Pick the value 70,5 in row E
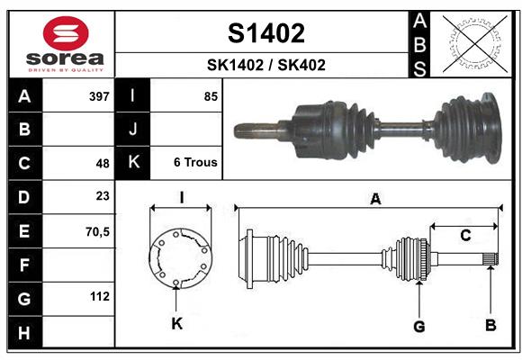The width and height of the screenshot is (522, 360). [x=97, y=231]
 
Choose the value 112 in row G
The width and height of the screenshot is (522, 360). [x=100, y=296]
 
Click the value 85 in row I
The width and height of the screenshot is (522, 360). [x=211, y=96]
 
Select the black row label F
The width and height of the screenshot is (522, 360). [x=23, y=265]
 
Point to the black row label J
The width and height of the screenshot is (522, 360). [x=133, y=130]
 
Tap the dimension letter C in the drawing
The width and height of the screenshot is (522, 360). [x=465, y=236]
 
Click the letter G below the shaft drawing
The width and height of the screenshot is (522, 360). [x=418, y=324]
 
